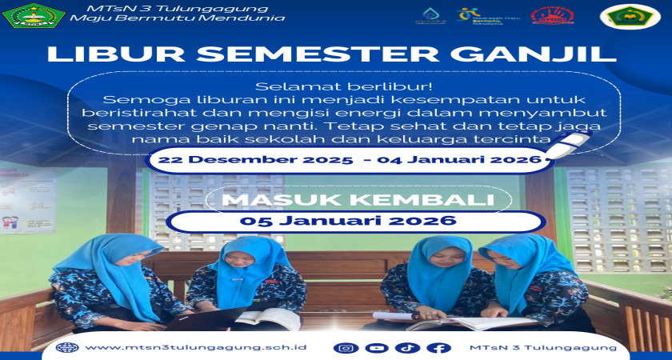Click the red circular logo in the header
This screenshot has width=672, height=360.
553,15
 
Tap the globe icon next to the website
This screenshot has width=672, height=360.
69,348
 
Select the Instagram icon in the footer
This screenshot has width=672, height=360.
346,348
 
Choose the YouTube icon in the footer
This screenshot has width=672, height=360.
376,348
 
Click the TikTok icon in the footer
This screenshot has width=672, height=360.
407,348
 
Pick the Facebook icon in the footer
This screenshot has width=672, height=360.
438,348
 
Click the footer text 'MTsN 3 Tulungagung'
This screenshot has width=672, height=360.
545,348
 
